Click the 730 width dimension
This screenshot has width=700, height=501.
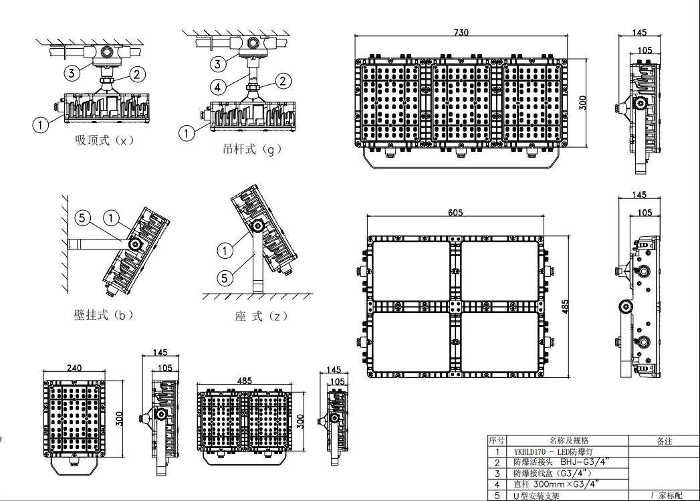coord(461,32)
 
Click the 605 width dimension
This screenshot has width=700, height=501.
coord(455,213)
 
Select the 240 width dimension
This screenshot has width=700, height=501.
coord(74,367)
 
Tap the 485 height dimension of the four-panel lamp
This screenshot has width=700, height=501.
coord(565,306)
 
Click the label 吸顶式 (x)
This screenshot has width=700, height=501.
coord(104,140)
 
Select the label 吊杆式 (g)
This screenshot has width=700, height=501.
coord(252,148)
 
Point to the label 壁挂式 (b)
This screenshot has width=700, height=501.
coord(104,315)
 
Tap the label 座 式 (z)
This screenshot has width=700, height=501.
coord(261,316)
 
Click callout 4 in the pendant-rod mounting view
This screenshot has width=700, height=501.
coord(217,87)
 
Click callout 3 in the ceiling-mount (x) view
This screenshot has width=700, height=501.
coord(72,73)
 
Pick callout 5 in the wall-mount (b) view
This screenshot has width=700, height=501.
coord(82,218)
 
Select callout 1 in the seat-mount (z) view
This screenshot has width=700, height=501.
coord(225,250)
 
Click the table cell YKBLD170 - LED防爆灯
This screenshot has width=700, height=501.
coord(553,452)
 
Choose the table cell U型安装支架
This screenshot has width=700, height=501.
coord(536,496)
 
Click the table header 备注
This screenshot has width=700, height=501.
coord(665,441)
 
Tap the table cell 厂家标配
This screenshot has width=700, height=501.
coord(666,495)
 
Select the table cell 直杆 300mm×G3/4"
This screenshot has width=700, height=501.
coord(556,484)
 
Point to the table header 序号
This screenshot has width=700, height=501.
coord(497,441)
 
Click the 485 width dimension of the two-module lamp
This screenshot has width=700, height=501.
coord(244,381)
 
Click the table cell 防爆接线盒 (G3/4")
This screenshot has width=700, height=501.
coord(552,474)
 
